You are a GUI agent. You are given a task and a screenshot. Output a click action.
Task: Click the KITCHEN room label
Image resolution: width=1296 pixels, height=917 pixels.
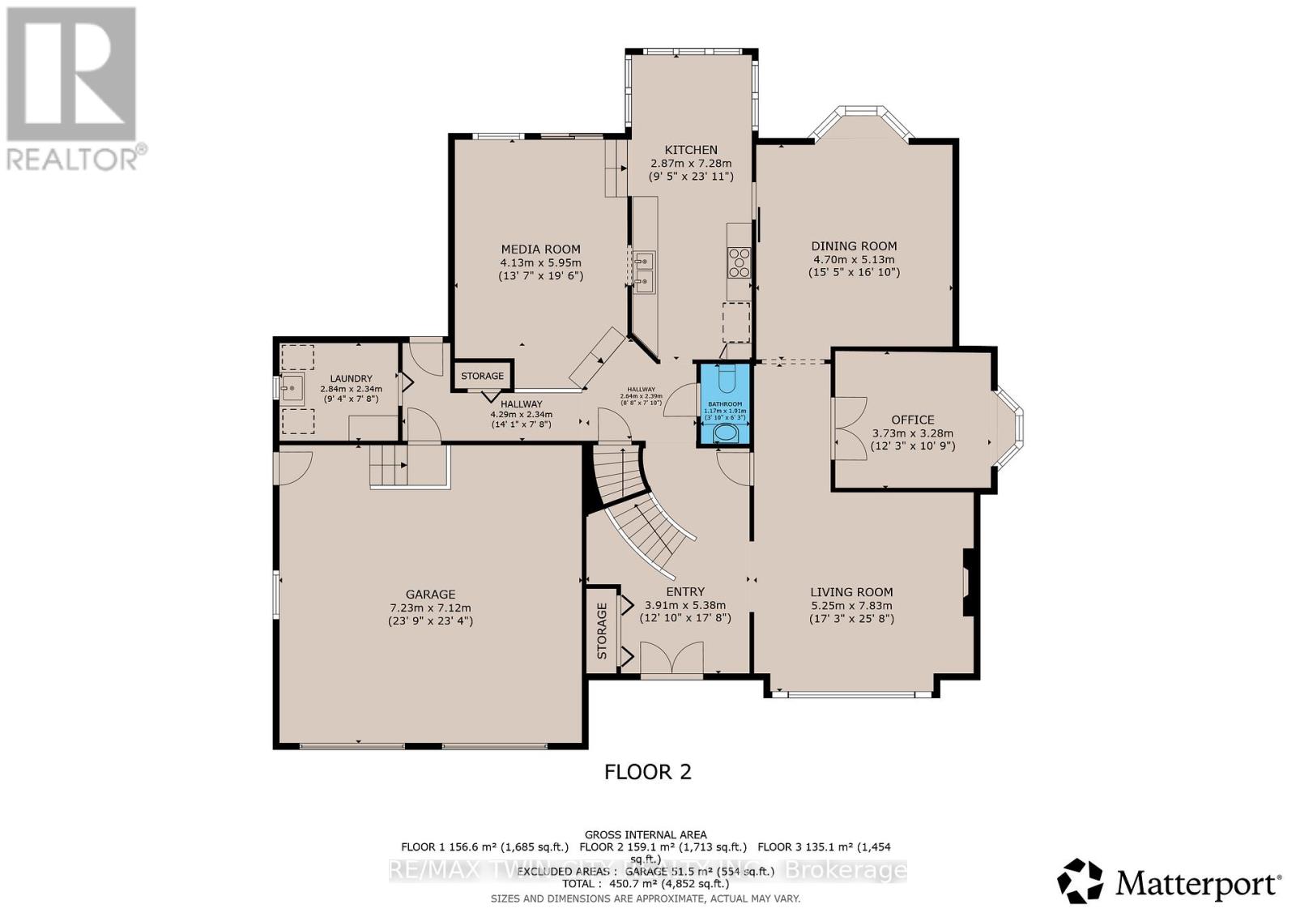690,150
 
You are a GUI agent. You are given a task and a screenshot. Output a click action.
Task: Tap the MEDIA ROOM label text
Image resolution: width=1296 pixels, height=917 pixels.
540,250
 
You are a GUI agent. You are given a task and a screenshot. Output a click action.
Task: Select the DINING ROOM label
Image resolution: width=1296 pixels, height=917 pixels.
854,246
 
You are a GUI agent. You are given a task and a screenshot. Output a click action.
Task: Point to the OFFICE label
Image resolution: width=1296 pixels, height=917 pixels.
913,420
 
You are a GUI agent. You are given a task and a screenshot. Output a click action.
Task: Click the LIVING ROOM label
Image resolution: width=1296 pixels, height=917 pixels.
851,592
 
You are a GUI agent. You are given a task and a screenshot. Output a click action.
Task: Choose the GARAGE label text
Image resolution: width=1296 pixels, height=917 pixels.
430,595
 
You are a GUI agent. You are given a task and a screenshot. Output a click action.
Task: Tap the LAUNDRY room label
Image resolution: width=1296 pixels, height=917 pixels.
352,378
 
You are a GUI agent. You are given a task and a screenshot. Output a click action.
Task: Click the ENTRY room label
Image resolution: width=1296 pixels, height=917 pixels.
685,591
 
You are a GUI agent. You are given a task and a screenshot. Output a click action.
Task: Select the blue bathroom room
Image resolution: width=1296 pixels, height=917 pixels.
724,404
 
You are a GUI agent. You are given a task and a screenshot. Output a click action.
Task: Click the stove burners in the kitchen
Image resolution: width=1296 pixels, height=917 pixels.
740,262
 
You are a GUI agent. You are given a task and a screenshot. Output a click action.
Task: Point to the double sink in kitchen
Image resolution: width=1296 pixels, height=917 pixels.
645,272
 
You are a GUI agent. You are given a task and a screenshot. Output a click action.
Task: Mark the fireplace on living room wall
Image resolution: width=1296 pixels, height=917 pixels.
968,582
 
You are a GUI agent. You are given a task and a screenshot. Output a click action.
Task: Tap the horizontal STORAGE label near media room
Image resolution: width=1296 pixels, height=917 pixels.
482,376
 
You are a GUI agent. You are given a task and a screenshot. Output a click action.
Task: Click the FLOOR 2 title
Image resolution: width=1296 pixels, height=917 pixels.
648,771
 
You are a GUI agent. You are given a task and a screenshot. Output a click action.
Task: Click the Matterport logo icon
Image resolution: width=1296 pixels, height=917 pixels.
1080,881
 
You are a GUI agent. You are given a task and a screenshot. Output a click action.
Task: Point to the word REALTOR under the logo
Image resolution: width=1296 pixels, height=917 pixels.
74,159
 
